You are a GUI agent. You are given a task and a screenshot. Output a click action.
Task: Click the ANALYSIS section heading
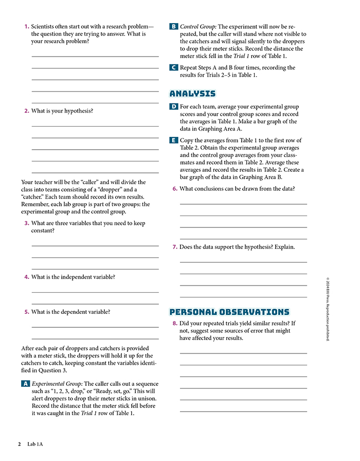(x=192, y=94)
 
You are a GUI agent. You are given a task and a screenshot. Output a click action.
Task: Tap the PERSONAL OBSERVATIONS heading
(x=229, y=312)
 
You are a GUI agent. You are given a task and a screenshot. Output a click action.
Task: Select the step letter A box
(x=25, y=384)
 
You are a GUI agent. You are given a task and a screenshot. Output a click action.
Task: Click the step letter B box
(x=174, y=26)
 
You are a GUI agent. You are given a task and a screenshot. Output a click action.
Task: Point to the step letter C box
(x=174, y=67)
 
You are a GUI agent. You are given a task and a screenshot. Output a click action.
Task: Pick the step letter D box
(x=174, y=107)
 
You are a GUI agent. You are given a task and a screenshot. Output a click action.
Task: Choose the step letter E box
(x=174, y=140)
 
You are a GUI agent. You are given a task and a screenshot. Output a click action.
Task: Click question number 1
(x=26, y=26)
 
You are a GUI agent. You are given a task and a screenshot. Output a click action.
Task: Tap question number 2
(x=26, y=111)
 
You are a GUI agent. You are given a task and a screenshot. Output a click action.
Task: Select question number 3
(x=26, y=223)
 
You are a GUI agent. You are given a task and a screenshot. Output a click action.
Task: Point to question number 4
(x=26, y=277)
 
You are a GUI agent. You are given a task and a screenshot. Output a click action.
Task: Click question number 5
(x=26, y=311)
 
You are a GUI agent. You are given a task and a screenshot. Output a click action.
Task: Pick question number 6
(x=175, y=188)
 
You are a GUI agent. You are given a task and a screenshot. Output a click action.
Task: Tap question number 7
(x=175, y=247)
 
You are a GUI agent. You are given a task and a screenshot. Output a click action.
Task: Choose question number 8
(x=175, y=323)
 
